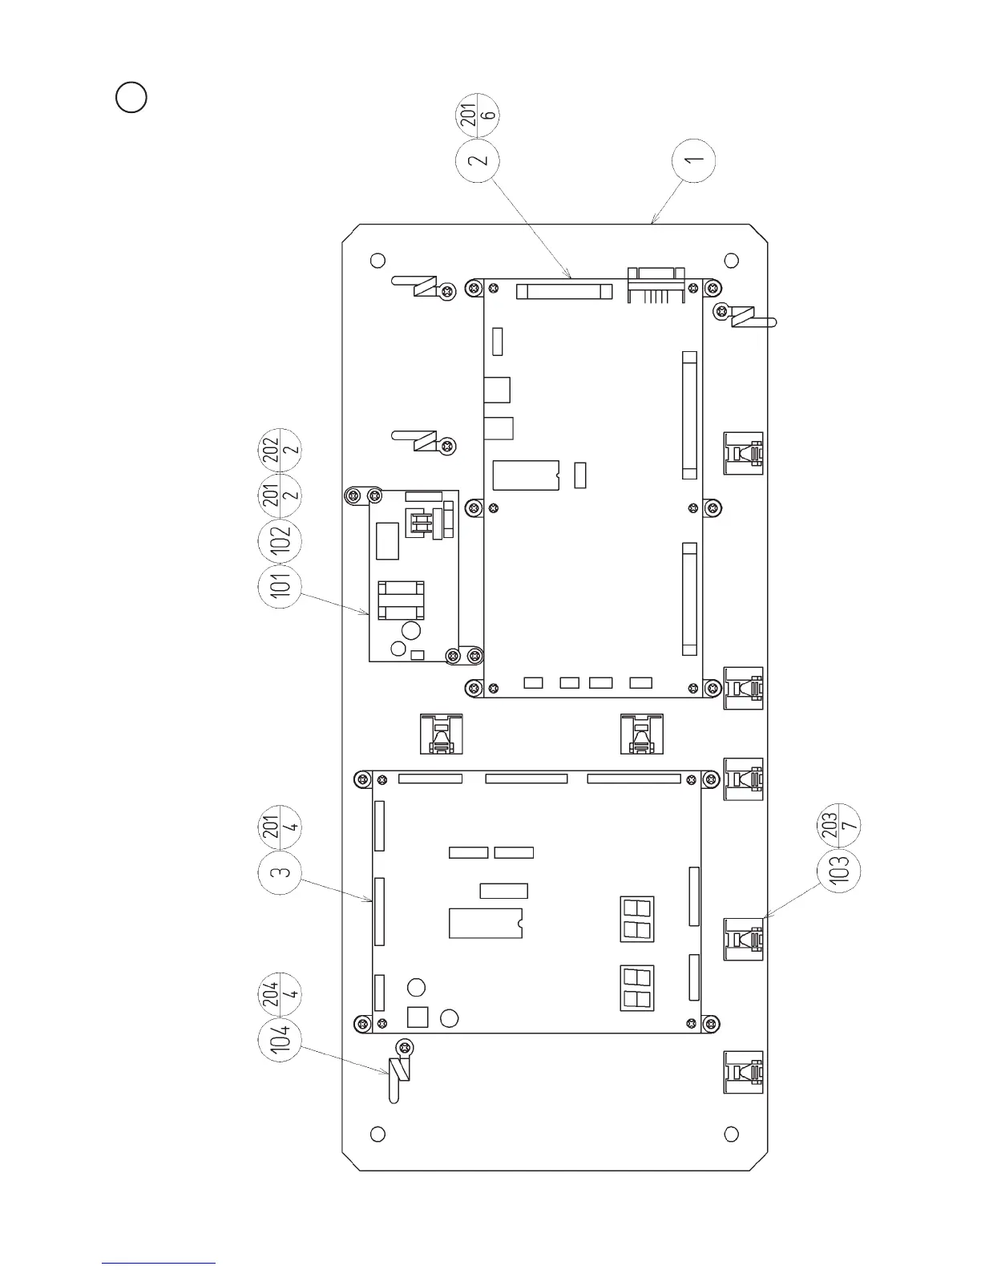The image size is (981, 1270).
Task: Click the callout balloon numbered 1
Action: coord(693,160)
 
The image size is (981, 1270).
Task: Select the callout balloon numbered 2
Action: coord(478,160)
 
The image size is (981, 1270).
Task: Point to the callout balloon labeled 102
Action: coord(281,541)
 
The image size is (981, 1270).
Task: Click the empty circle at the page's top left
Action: coord(131,98)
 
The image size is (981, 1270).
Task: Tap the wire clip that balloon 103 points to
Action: coord(744,939)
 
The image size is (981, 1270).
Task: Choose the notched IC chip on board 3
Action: coord(486,923)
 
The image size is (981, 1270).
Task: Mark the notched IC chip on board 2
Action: coord(526,475)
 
